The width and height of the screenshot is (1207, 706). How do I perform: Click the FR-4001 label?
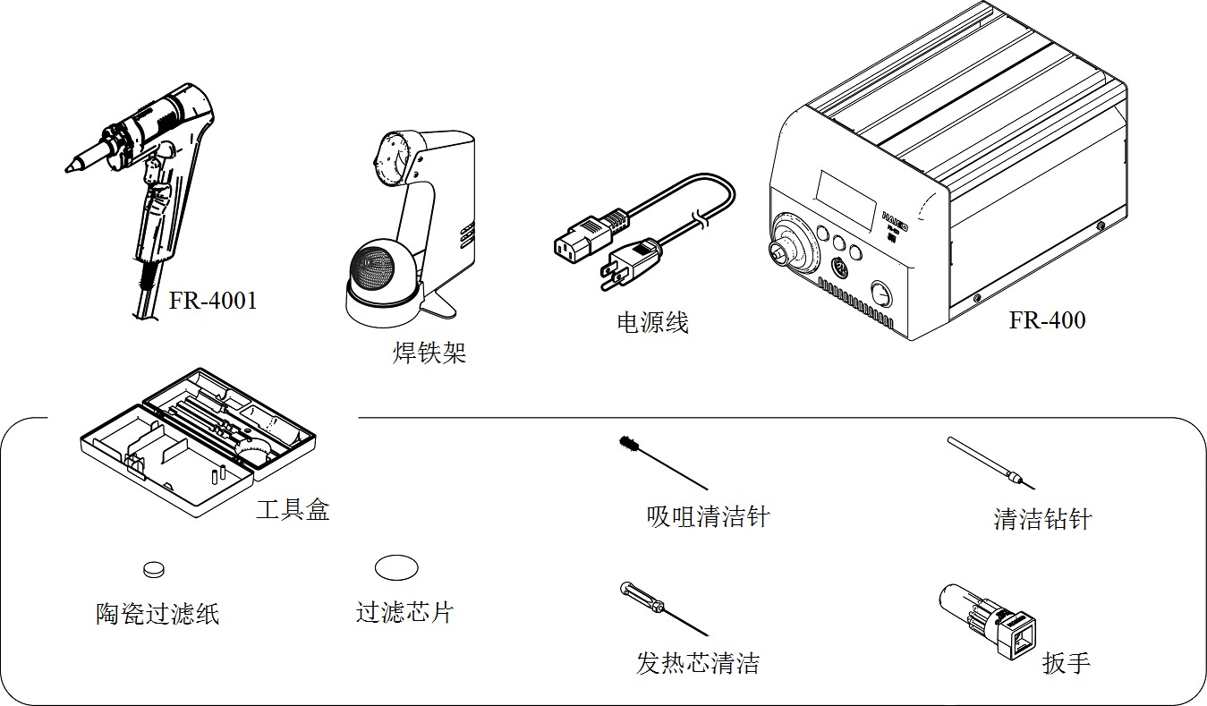[213, 301]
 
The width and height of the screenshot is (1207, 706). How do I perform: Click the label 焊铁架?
[429, 353]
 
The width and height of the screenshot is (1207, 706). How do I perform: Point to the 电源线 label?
[652, 322]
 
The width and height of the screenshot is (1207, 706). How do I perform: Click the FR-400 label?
[1046, 320]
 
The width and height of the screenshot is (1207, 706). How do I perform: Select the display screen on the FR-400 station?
[846, 198]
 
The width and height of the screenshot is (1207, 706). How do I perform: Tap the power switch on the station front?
[881, 294]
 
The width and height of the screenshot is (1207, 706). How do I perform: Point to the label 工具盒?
[293, 510]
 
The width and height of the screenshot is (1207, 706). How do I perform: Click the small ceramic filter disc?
[155, 568]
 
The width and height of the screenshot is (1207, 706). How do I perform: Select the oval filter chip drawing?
[396, 567]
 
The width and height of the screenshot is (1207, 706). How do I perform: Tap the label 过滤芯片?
[404, 612]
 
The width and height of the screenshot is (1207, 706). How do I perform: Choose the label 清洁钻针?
[1042, 519]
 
